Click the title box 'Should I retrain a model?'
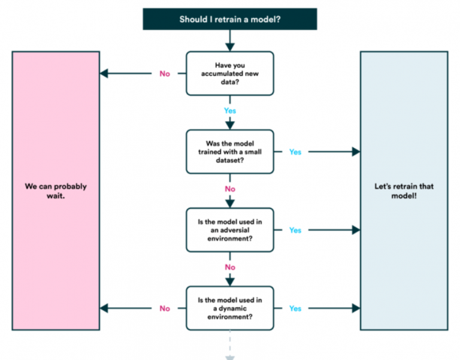point(229,19)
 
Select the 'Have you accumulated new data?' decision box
point(229,73)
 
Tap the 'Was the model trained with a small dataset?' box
point(229,152)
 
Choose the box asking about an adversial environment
point(229,230)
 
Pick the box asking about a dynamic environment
point(229,308)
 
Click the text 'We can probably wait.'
point(56,190)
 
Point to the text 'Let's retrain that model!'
point(403,190)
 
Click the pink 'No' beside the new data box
point(165,74)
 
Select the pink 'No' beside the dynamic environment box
point(165,308)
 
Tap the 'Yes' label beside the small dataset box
point(295,152)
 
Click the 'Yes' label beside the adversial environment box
point(295,231)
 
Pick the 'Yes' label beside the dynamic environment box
point(295,308)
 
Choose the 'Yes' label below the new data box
point(230,111)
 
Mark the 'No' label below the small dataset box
point(230,189)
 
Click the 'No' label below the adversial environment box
point(230,267)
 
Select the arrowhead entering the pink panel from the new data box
point(104,74)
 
